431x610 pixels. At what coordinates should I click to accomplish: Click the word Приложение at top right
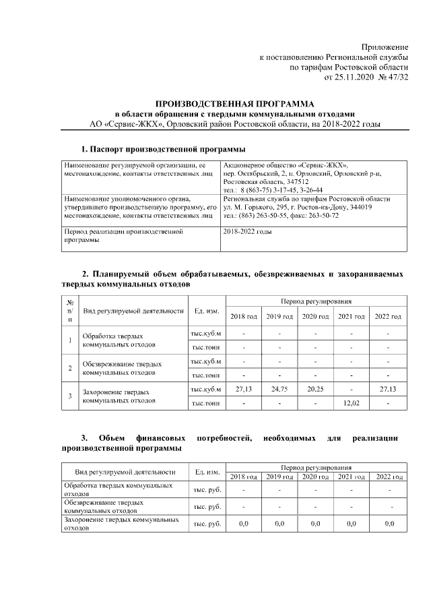385,47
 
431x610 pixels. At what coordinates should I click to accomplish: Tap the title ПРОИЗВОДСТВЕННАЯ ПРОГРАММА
235,104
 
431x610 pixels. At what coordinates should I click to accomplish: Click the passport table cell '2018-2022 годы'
246,231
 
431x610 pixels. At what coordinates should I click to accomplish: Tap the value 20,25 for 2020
315,389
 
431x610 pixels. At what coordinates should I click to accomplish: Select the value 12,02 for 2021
351,403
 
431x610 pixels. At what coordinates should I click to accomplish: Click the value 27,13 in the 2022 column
388,389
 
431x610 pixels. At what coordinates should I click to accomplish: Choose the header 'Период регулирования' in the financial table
315,467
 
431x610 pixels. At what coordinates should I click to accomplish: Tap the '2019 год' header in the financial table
279,477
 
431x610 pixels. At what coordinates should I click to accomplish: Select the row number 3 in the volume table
70,396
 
